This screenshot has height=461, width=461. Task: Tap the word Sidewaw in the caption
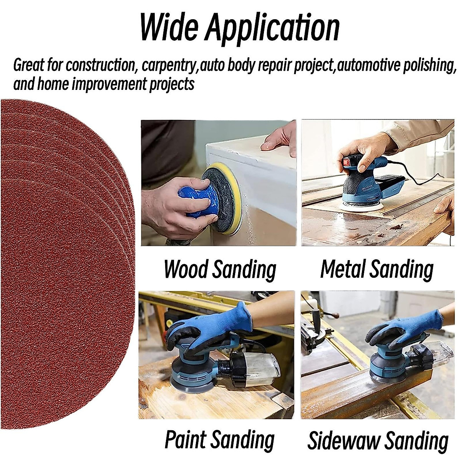coord(343,440)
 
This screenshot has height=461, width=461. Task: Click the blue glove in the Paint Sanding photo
coord(215,323)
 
